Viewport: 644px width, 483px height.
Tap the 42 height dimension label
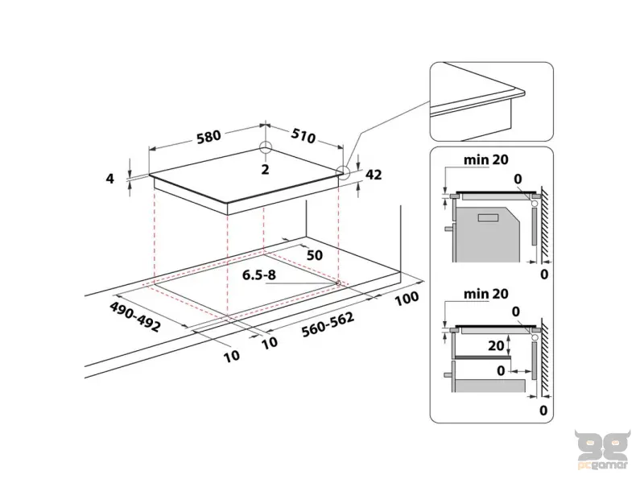pos(373,173)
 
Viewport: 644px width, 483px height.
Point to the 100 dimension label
pos(408,299)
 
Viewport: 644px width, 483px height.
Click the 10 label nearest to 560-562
pos(270,342)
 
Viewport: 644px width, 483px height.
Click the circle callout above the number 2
pos(265,148)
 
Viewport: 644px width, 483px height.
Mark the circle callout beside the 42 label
pos(345,171)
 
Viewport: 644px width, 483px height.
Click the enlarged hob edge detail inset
pos(490,101)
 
